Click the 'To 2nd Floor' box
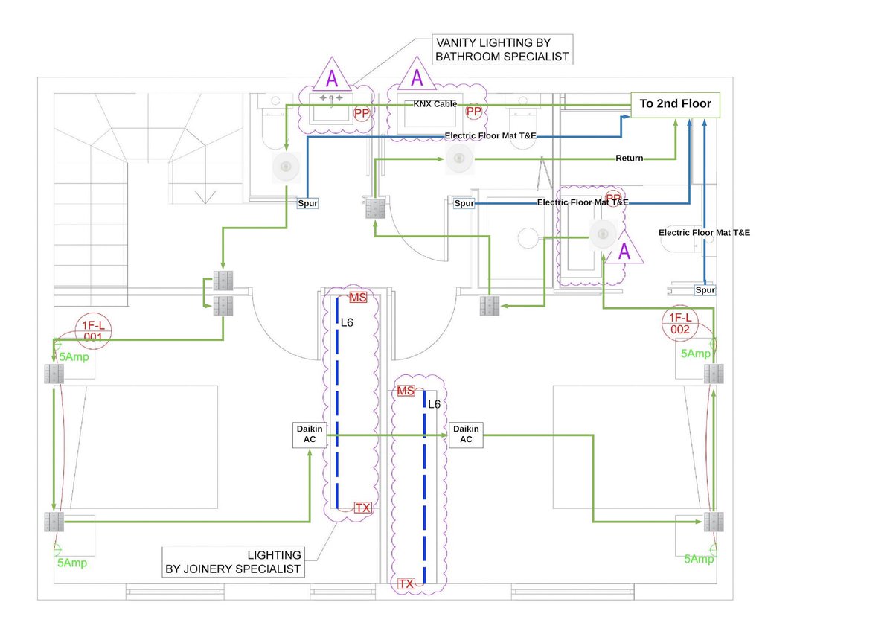pyautogui.click(x=676, y=104)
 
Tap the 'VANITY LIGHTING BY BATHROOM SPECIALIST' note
pyautogui.click(x=502, y=49)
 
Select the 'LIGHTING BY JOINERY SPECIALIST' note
pyautogui.click(x=233, y=562)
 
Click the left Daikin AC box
pyautogui.click(x=310, y=434)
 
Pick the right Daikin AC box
pyautogui.click(x=466, y=434)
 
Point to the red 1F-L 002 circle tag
pyautogui.click(x=679, y=324)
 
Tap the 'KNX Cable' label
pyautogui.click(x=435, y=105)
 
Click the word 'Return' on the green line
pyautogui.click(x=630, y=158)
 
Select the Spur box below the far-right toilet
pyautogui.click(x=705, y=289)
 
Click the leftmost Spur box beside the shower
pyautogui.click(x=307, y=202)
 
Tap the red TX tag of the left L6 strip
pyautogui.click(x=362, y=508)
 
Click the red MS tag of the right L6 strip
pyautogui.click(x=406, y=391)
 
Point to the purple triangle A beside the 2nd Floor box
pyautogui.click(x=417, y=77)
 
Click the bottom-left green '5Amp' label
pyautogui.click(x=72, y=563)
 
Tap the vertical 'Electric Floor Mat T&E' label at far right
pyautogui.click(x=704, y=233)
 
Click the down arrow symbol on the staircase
pyautogui.click(x=205, y=196)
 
